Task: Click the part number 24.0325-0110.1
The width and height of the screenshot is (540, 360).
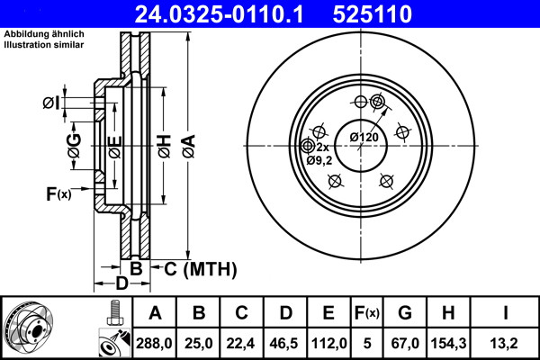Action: (219, 14)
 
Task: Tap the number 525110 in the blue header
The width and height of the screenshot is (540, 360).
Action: (373, 14)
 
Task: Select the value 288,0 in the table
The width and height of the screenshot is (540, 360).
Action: (154, 343)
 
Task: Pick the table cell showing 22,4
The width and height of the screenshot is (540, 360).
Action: (240, 343)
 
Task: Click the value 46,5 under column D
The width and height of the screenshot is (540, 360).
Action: (284, 343)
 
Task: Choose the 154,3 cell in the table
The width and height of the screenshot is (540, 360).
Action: (448, 343)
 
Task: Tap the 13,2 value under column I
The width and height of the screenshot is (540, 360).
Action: (504, 343)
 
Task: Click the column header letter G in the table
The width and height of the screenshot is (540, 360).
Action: (405, 313)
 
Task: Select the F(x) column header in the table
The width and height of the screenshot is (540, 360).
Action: (367, 313)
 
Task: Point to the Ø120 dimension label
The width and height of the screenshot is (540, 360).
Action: (364, 137)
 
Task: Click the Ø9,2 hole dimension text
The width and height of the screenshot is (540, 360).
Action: (319, 160)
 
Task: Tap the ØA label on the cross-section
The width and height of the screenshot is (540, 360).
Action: (189, 146)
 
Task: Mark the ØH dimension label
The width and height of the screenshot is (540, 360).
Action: (165, 146)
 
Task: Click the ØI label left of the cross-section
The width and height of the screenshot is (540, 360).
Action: (51, 103)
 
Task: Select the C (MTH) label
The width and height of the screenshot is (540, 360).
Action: (201, 269)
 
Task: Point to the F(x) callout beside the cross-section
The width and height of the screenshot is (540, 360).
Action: (58, 194)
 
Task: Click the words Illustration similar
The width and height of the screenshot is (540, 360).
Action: (44, 45)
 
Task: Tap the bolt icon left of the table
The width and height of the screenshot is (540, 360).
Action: (115, 312)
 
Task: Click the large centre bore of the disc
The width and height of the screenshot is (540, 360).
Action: (361, 146)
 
